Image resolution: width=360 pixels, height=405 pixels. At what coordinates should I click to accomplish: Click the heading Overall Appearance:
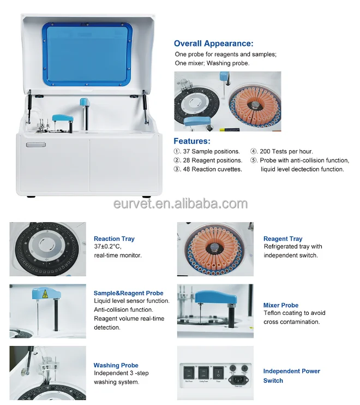tap(214, 44)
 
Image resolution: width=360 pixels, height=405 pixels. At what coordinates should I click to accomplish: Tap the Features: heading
tap(192, 141)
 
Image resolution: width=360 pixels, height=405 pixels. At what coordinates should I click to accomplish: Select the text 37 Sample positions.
tap(211, 151)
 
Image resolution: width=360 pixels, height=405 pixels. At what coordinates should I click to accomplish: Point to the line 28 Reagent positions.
tap(213, 160)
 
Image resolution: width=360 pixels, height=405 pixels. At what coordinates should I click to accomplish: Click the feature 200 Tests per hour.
tap(286, 151)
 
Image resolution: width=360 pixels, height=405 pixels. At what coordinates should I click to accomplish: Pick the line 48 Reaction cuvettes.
tap(212, 169)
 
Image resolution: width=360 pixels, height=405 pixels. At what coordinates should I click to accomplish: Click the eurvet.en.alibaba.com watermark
tap(181, 204)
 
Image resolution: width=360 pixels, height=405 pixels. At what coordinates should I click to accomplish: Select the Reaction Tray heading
tap(114, 239)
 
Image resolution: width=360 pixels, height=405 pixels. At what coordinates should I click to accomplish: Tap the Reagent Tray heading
tap(283, 239)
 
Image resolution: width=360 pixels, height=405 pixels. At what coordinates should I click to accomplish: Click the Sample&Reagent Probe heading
tap(129, 293)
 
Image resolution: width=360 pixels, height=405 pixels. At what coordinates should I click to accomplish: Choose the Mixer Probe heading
tap(281, 305)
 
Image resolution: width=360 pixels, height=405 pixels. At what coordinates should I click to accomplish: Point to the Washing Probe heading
tap(116, 365)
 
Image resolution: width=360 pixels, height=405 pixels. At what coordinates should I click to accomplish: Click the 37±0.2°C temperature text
tap(107, 246)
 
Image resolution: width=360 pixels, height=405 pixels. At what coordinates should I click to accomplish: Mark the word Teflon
tap(272, 313)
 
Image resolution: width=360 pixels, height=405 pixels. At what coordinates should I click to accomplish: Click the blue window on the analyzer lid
tap(87, 55)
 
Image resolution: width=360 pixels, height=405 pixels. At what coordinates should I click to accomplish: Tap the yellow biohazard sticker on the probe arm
tap(45, 293)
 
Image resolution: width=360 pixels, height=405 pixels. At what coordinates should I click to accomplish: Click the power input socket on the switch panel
tap(239, 379)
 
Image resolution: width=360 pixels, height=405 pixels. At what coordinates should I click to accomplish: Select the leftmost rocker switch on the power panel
tap(189, 372)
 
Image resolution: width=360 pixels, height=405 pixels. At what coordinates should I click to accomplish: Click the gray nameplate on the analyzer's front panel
tap(36, 145)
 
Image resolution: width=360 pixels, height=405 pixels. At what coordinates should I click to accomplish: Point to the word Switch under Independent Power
tap(273, 380)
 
